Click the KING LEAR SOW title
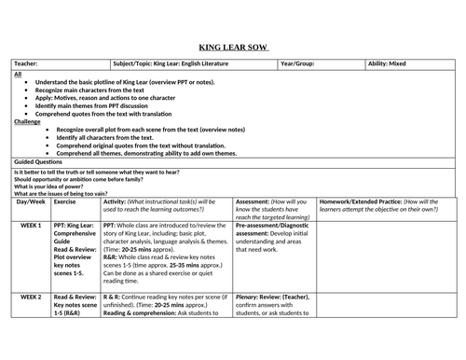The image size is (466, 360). point(233,46)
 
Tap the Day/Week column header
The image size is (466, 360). point(31,201)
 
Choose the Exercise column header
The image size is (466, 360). point(65,201)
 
